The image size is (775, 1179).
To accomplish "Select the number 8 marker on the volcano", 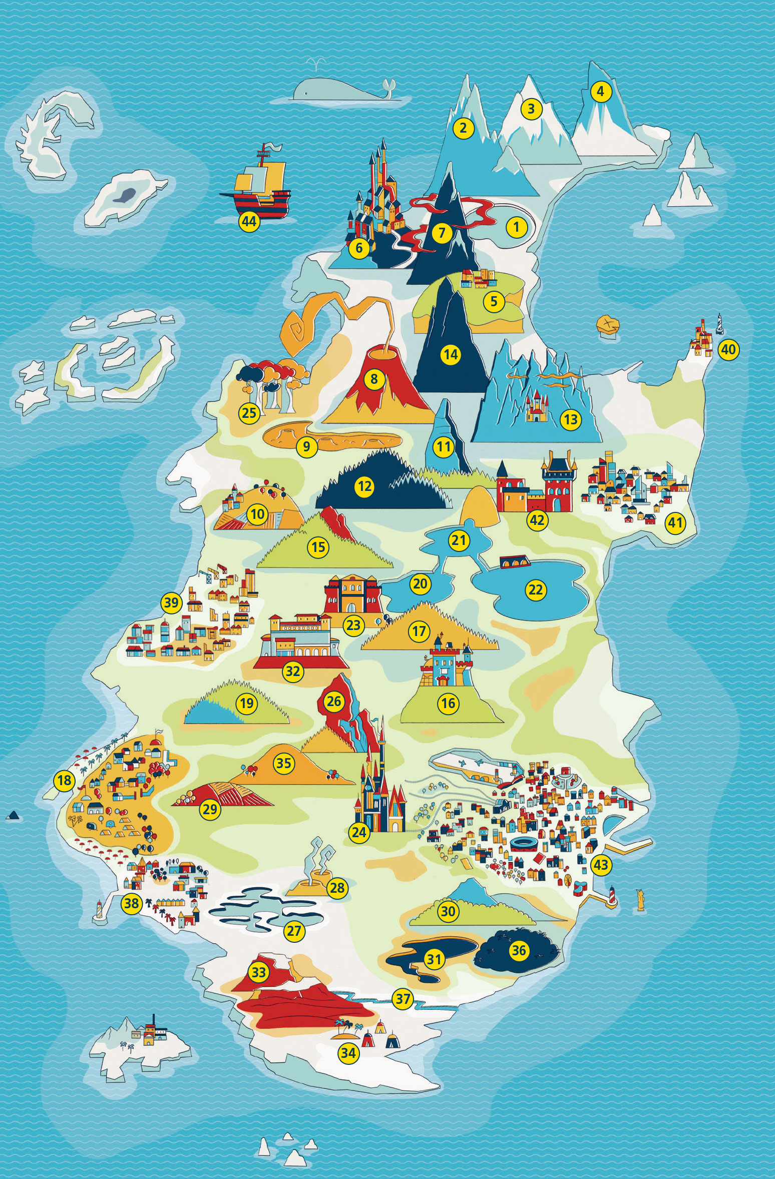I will pos(373,379).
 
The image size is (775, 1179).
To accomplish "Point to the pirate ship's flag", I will pos(274,148).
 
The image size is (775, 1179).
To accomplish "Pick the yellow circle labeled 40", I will pos(728,349).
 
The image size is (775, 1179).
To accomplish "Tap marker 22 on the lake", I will pos(535,589).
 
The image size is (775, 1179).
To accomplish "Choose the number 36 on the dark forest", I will pos(519,949).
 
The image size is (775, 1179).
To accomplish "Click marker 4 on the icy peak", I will pos(601,92).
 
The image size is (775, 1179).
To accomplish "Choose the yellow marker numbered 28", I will pos(337,887).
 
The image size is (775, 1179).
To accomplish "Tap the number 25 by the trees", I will pos(249,413).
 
